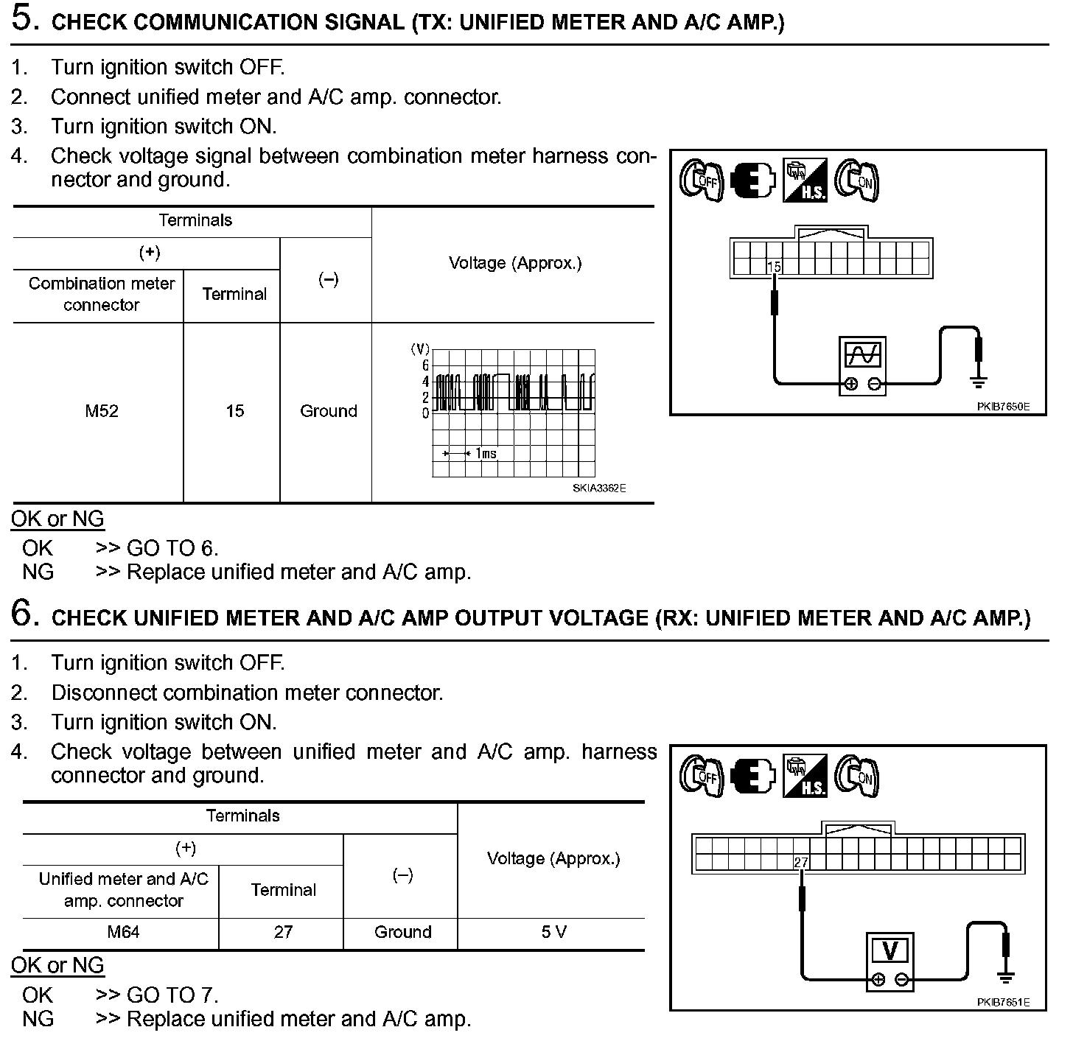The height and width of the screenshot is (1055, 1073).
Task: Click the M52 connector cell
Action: (101, 411)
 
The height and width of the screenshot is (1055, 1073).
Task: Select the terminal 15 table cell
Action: (234, 411)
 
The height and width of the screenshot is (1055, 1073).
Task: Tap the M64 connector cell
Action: (123, 932)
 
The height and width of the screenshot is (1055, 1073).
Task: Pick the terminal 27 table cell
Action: (283, 932)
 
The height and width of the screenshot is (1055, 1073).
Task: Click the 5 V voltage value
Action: (553, 932)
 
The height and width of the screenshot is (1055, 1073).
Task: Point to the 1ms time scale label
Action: (486, 453)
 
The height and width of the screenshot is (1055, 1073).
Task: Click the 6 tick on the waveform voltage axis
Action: (425, 365)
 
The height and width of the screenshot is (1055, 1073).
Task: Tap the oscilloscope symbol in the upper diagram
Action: (862, 355)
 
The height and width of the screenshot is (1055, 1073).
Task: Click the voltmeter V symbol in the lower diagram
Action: (889, 951)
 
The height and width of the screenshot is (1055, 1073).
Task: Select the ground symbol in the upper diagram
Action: (979, 381)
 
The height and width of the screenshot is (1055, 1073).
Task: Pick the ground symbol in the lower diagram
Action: (1005, 977)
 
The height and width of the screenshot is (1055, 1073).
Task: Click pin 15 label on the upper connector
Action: (774, 267)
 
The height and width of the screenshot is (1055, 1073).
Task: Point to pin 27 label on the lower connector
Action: (801, 862)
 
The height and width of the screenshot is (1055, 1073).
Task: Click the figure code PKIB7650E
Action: (1003, 406)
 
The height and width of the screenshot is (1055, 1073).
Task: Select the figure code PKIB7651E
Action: (1003, 1002)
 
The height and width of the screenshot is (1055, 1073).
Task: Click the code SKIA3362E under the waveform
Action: (599, 488)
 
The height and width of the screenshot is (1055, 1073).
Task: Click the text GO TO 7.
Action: (172, 995)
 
